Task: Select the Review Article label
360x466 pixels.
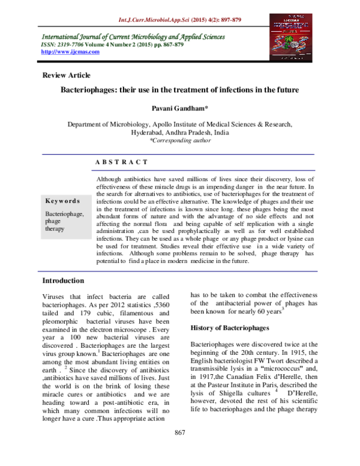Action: [66, 75]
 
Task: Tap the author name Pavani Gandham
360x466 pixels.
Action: [179, 109]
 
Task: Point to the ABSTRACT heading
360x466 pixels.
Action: [121, 162]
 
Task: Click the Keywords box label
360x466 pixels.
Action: [62, 201]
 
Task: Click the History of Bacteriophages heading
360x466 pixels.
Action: [231, 328]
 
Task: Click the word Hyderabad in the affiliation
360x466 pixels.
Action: [151, 132]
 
